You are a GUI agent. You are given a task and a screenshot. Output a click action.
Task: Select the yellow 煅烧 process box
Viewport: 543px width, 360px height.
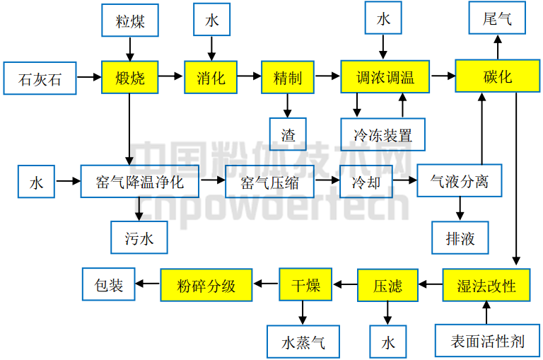click(x=129, y=77)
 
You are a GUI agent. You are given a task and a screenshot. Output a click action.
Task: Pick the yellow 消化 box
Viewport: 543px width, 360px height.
click(x=211, y=77)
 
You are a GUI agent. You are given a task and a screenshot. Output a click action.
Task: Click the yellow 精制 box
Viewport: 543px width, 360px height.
click(x=287, y=77)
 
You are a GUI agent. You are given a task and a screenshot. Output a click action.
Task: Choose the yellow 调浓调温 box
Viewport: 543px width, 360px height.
click(x=385, y=77)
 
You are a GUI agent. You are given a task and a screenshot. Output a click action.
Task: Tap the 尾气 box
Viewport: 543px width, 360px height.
click(x=498, y=18)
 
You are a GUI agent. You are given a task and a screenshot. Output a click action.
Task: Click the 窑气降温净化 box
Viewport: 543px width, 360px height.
click(x=139, y=182)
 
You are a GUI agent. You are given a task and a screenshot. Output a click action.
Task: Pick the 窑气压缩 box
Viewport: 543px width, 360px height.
click(x=269, y=182)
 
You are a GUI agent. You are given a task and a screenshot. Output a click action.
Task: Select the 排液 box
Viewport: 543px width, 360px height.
click(x=460, y=238)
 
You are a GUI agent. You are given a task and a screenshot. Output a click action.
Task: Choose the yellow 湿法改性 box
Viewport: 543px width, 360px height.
click(x=486, y=286)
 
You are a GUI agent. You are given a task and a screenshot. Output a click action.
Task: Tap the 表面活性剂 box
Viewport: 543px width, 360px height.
click(x=487, y=342)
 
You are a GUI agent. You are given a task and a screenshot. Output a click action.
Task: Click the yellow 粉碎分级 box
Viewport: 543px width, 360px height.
click(x=206, y=286)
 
